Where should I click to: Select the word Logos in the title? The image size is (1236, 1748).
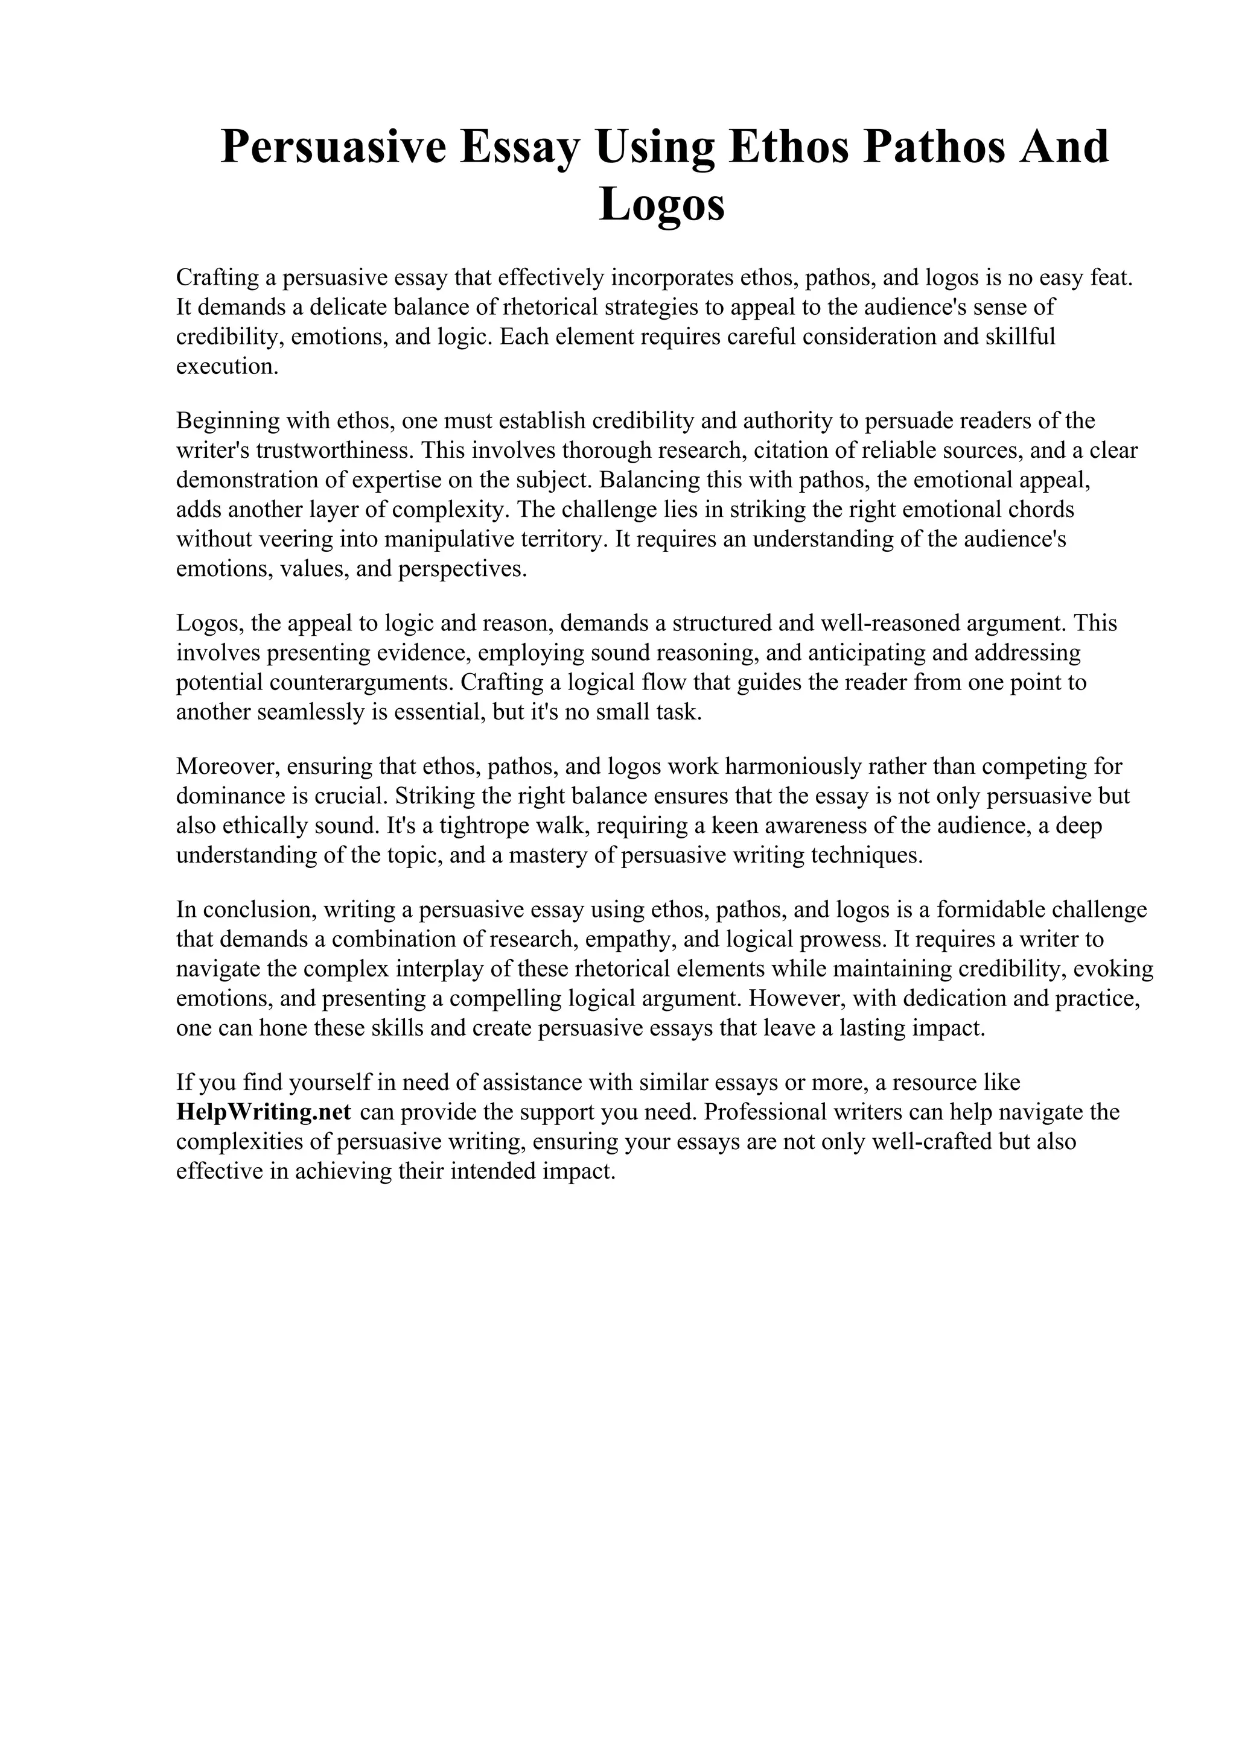coord(662,205)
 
